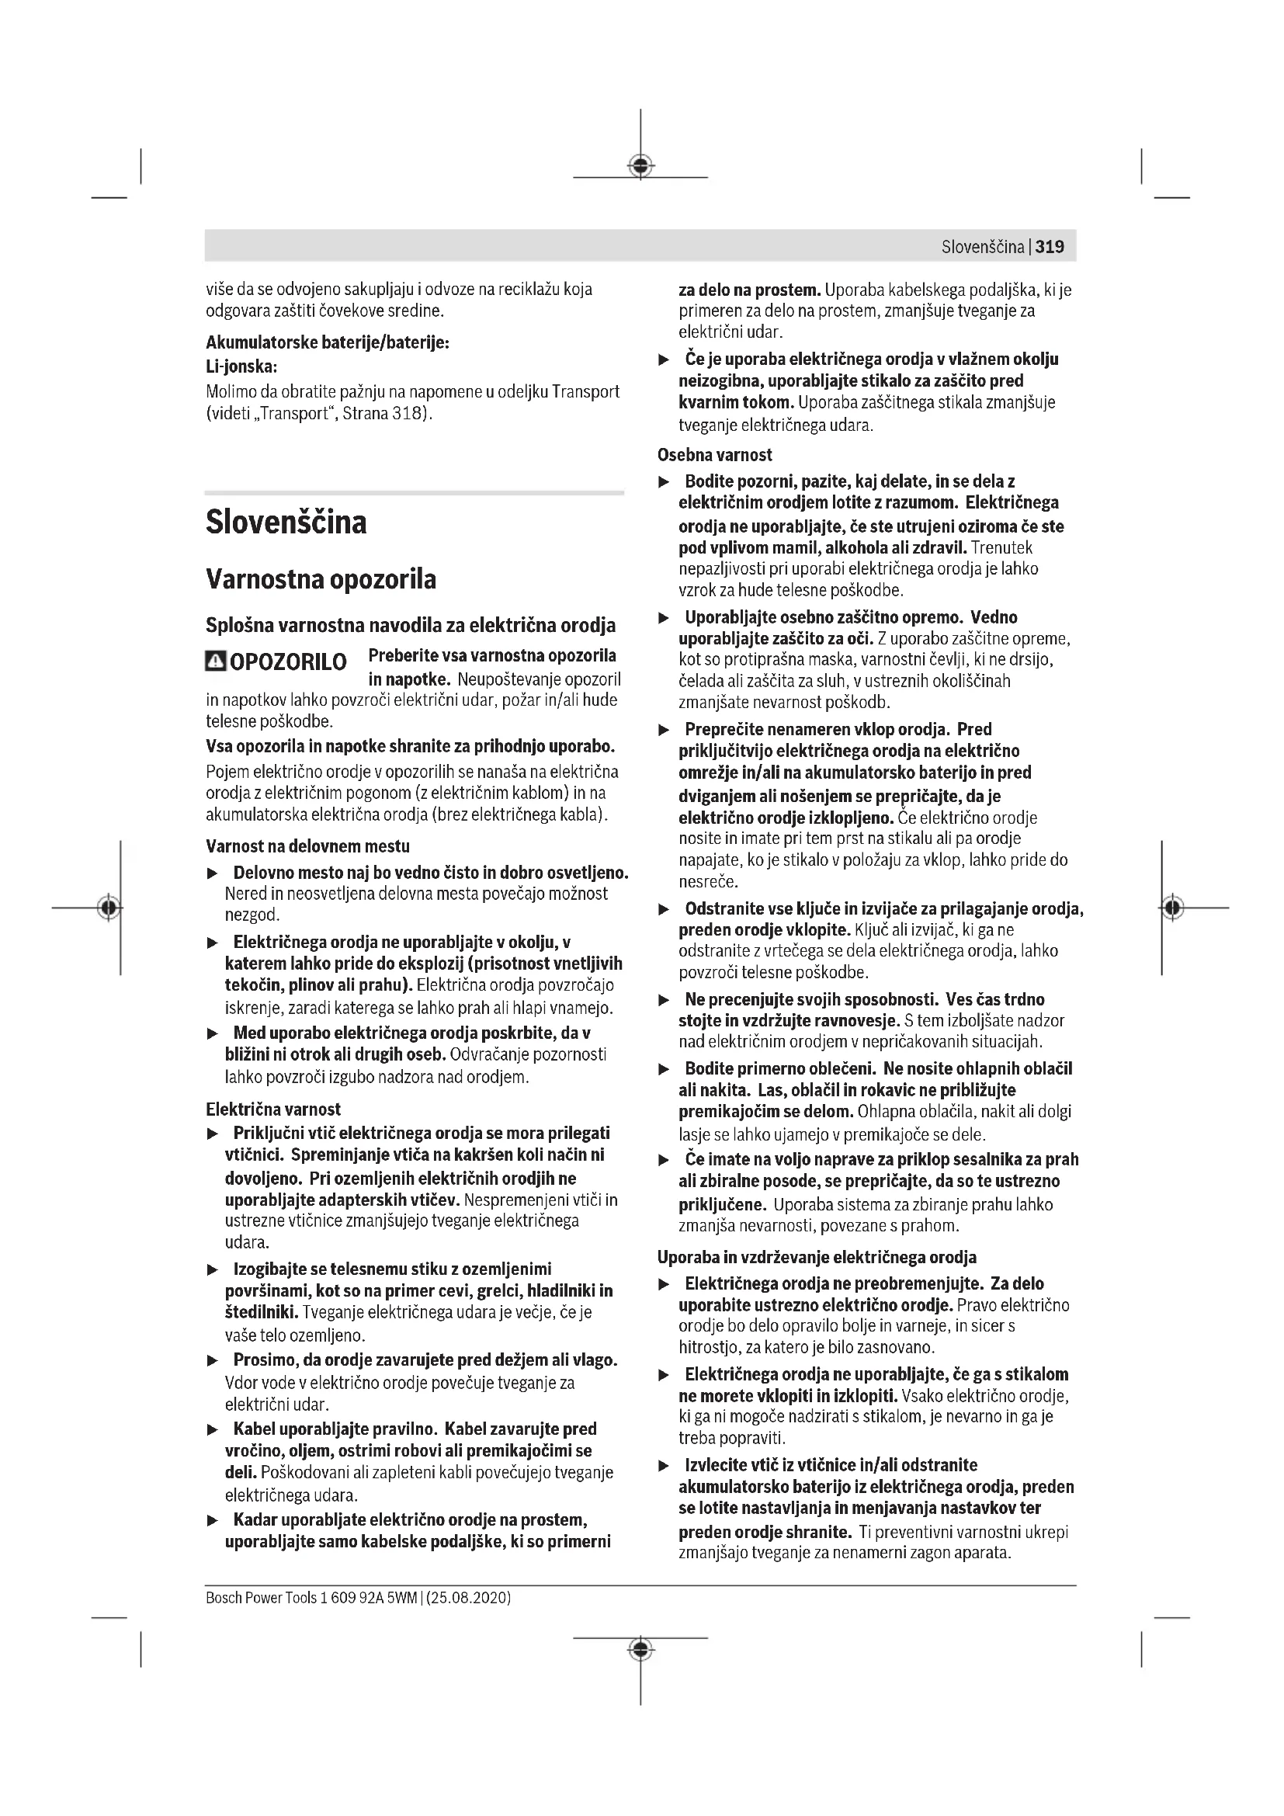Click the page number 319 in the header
coord(1050,247)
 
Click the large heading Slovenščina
coord(286,523)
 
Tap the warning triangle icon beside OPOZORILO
coord(215,661)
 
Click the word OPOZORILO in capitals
coord(288,662)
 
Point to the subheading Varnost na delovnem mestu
coord(307,846)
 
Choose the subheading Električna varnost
coord(272,1109)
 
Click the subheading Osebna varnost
coord(715,455)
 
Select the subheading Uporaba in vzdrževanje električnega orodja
coord(817,1257)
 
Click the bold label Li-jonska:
coord(241,367)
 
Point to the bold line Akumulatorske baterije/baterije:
coord(328,343)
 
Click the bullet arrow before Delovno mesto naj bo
coord(212,874)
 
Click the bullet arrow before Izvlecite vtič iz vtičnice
coord(665,1466)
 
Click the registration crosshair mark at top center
coord(640,165)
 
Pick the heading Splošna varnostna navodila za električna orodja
coord(411,626)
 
